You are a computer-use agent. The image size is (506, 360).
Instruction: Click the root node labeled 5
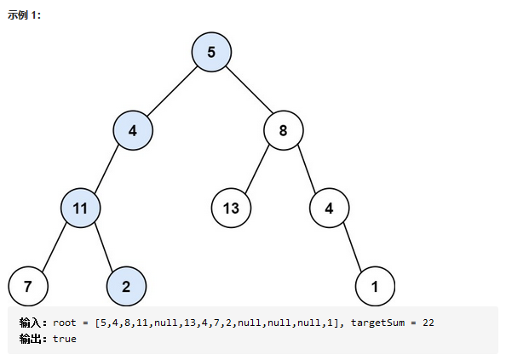[x=211, y=52]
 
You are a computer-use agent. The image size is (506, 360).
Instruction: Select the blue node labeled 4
[x=133, y=130]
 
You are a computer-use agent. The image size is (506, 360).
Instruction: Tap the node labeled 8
[x=284, y=130]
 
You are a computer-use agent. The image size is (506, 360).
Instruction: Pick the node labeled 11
[x=80, y=209]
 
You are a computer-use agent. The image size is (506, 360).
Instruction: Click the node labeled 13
[x=231, y=209]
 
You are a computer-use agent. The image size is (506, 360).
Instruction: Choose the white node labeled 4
[x=329, y=209]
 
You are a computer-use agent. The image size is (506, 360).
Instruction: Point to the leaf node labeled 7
[x=28, y=286]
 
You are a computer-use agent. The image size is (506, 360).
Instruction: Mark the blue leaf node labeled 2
[x=126, y=286]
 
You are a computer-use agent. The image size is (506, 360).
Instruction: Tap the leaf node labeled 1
[x=375, y=286]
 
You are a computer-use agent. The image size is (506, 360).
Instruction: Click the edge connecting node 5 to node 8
[x=249, y=89]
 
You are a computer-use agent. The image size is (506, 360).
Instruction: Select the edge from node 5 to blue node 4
[x=172, y=91]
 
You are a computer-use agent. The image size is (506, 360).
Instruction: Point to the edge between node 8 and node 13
[x=257, y=169]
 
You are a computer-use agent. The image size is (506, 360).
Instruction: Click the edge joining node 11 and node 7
[x=55, y=247]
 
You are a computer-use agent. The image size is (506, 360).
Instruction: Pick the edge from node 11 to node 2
[x=104, y=247]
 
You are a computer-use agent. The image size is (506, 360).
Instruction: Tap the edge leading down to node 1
[x=353, y=247]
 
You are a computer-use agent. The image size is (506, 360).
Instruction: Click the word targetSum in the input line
[x=377, y=323]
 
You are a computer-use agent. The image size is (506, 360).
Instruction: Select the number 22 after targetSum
[x=428, y=323]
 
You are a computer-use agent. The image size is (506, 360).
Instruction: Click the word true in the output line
[x=65, y=339]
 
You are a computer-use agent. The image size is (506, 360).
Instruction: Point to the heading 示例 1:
[x=24, y=14]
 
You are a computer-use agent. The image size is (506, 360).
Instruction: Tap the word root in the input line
[x=65, y=323]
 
